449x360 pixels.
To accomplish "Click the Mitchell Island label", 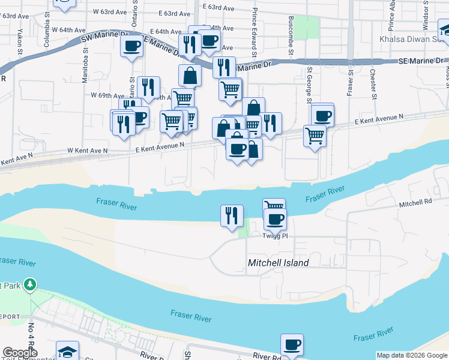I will (279, 263).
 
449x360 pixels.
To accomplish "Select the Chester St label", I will (373, 83).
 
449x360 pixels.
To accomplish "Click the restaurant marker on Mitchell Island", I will (232, 215).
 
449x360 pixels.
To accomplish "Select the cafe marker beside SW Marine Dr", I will (131, 45).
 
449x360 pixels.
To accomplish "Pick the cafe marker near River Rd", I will (292, 345).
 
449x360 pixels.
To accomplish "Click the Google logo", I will (20, 353).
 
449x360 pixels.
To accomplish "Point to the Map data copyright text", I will (411, 355).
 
